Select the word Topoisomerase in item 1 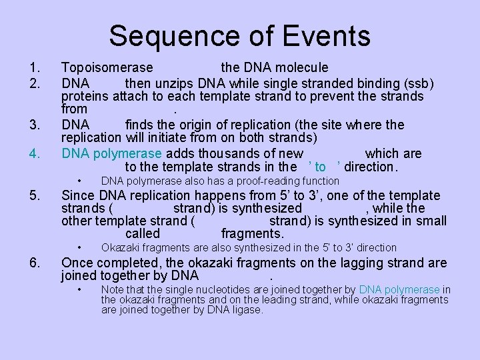pyautogui.click(x=107, y=67)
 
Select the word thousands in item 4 pyautogui.click(x=224, y=153)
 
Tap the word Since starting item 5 pyautogui.click(x=77, y=195)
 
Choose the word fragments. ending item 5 pyautogui.click(x=252, y=233)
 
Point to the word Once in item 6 pyautogui.click(x=77, y=263)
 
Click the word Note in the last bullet pyautogui.click(x=111, y=289)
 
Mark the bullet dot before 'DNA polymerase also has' pyautogui.click(x=79, y=181)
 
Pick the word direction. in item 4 pyautogui.click(x=370, y=167)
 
